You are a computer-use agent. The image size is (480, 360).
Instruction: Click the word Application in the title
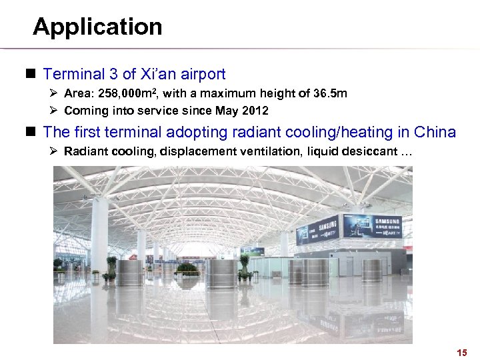[x=97, y=27]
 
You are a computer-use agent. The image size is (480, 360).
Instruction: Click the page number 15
[x=462, y=352]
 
